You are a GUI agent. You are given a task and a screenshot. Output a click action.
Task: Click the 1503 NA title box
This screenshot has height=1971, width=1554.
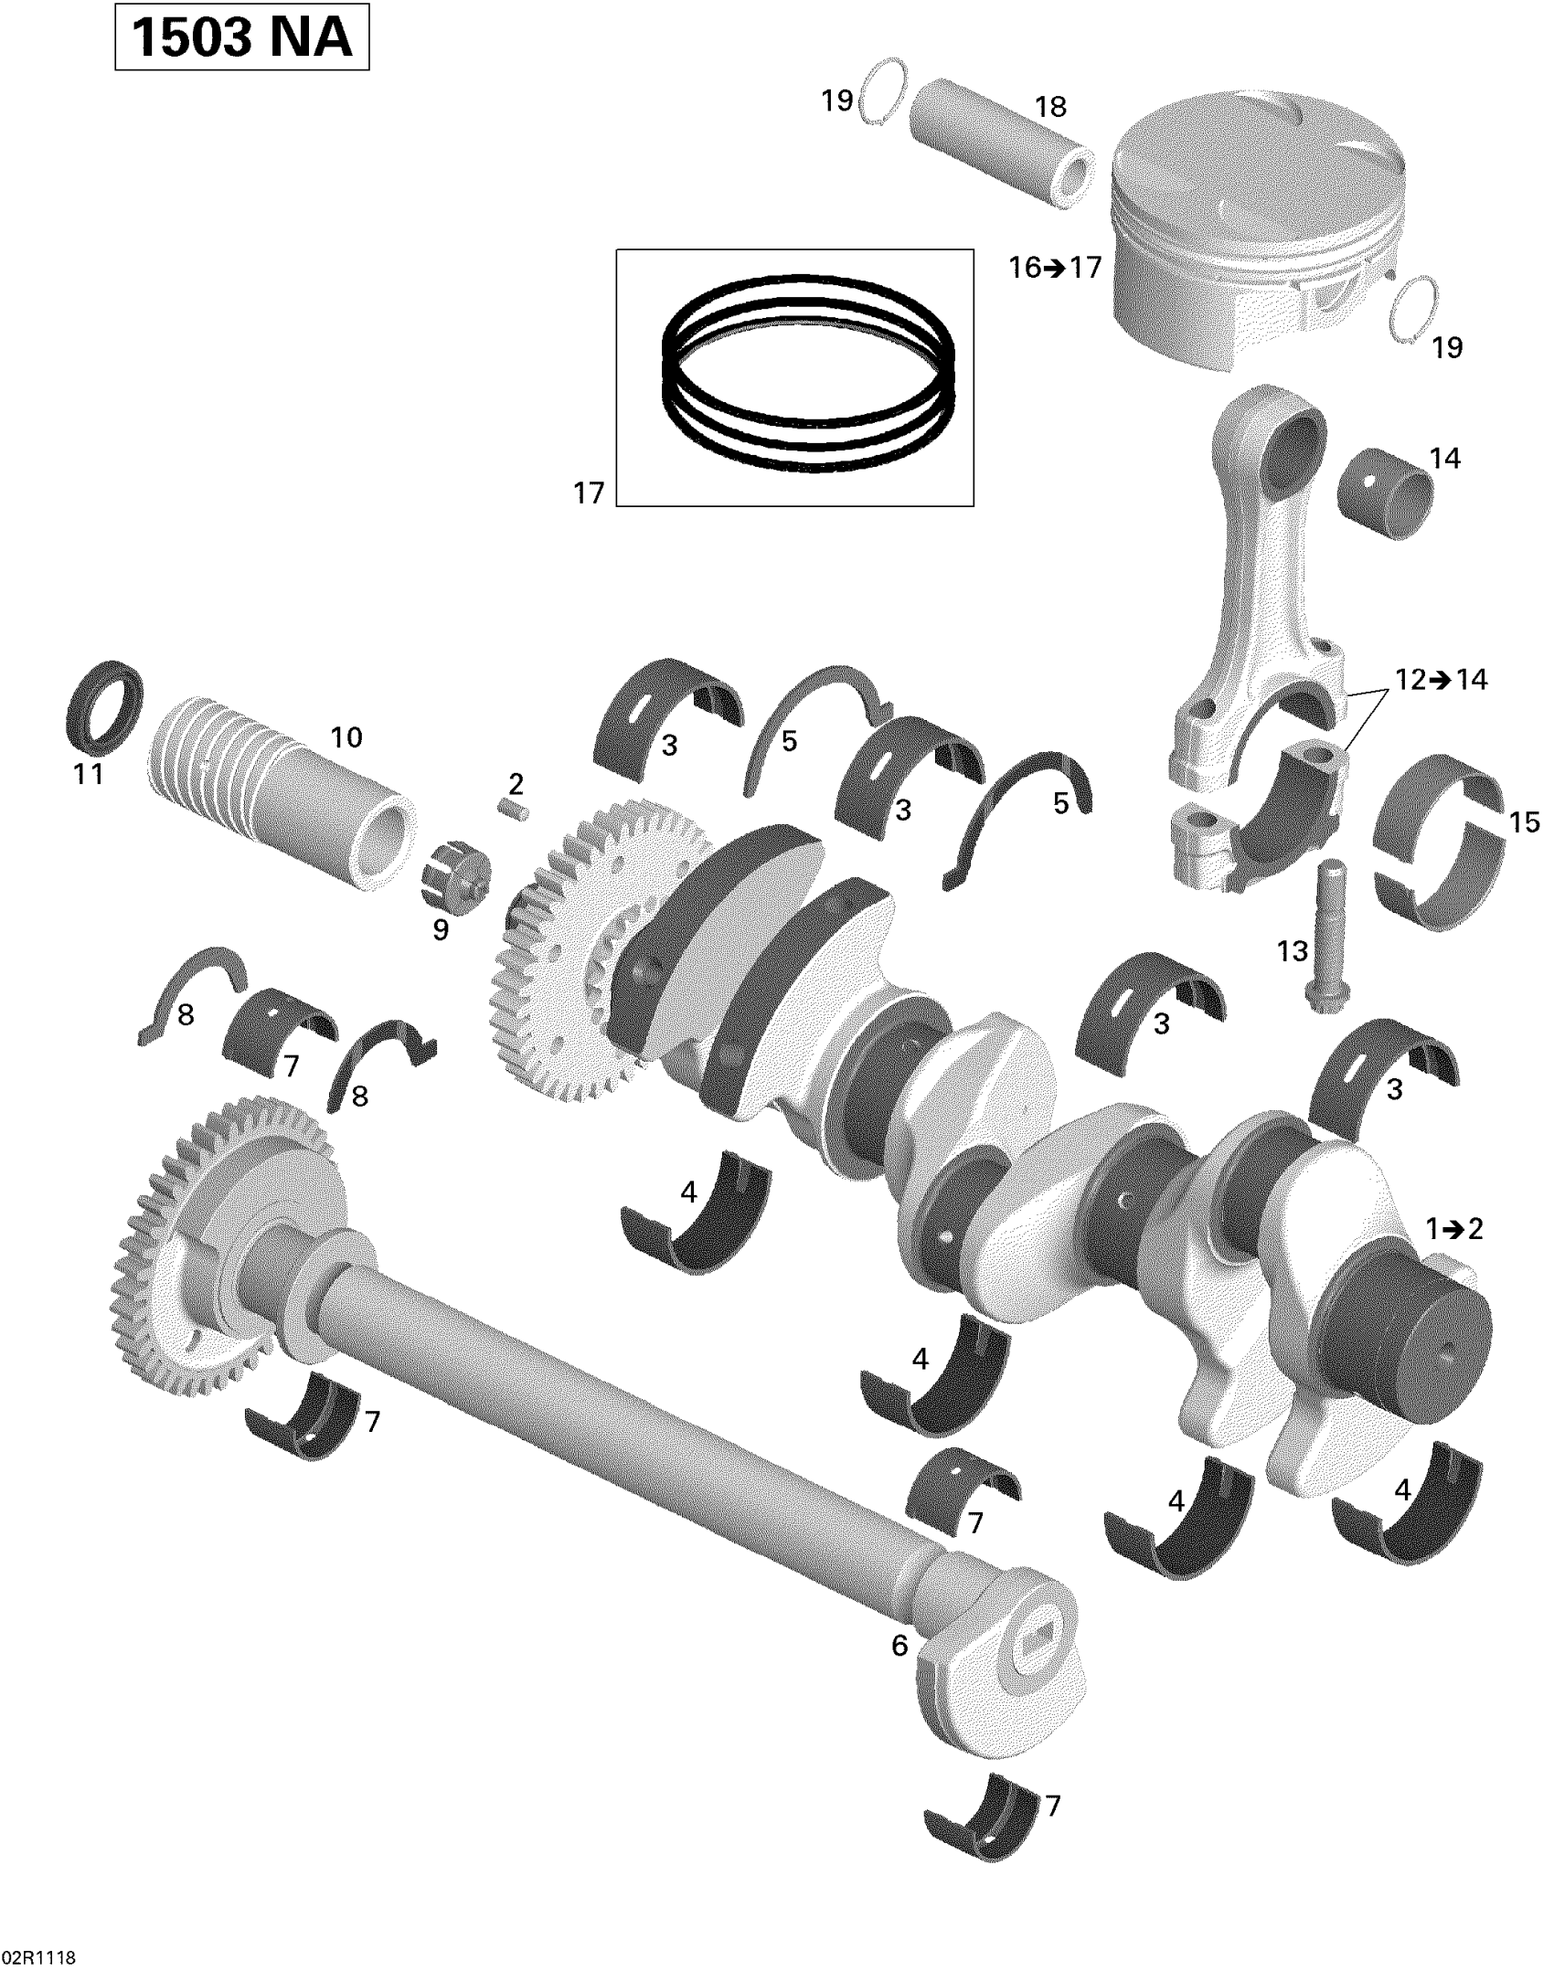click(241, 37)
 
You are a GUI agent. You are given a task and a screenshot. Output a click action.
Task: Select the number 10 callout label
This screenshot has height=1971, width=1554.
click(346, 737)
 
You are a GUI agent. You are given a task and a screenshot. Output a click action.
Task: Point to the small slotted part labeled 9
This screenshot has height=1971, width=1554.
click(455, 879)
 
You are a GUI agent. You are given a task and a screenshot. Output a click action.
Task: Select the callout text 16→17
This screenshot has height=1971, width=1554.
click(1055, 268)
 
